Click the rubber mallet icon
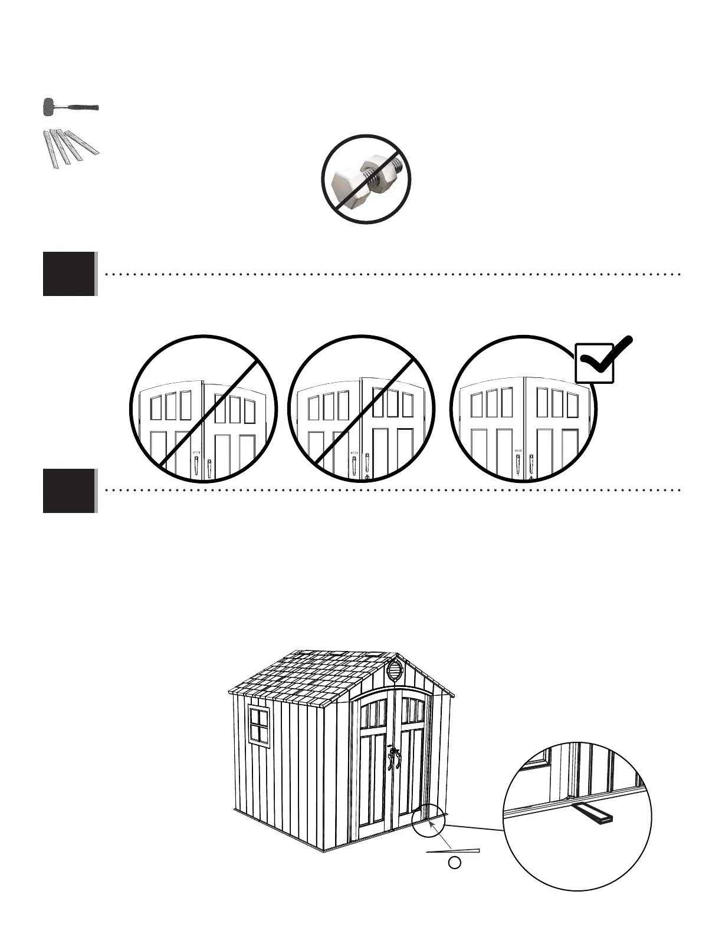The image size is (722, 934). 70,108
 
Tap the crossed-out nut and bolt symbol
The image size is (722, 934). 366,179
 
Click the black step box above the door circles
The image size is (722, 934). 69,274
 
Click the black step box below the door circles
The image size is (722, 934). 69,491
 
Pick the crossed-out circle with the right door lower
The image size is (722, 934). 203,409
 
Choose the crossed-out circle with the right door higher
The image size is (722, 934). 362,409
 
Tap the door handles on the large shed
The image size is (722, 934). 393,759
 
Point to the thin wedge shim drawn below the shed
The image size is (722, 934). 452,851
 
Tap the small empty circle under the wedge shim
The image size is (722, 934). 454,863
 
